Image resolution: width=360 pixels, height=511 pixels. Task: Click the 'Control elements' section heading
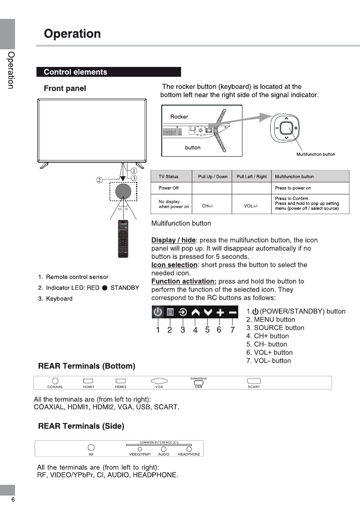click(76, 72)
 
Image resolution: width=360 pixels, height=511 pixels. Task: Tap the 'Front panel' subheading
click(65, 88)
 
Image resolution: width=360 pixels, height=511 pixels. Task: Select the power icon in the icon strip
click(158, 312)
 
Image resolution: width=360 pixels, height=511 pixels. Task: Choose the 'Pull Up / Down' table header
click(213, 176)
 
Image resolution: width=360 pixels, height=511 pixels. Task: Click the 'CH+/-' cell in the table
click(208, 206)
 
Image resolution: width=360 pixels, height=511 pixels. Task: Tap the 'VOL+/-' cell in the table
click(251, 206)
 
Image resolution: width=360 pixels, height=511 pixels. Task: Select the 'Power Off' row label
click(168, 188)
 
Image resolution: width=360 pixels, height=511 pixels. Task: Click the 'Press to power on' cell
click(293, 188)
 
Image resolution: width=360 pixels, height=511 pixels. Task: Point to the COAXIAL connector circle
click(55, 381)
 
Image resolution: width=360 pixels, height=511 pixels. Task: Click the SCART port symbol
click(254, 381)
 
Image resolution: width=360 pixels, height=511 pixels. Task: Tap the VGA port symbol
click(159, 381)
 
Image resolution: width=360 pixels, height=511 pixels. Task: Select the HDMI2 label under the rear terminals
click(121, 387)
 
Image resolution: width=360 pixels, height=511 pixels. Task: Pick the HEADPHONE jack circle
click(189, 449)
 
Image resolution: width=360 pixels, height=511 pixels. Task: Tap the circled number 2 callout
click(99, 180)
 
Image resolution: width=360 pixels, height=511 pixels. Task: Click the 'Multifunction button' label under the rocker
click(316, 154)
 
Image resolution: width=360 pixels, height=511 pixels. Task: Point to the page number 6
click(13, 500)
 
